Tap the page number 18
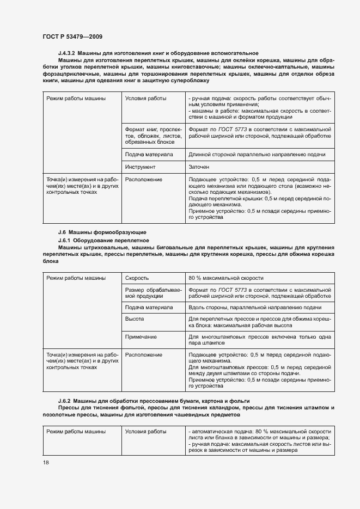pos(45,462)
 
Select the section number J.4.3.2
pos(69,53)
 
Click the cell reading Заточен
pos(199,167)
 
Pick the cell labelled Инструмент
pos(141,167)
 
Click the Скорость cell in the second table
pos(137,278)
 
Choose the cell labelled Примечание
pos(141,338)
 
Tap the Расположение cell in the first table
pos(144,179)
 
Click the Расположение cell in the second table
pos(144,355)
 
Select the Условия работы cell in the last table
pos(146,432)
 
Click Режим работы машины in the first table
pos(76,99)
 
